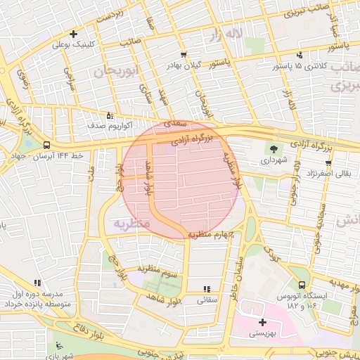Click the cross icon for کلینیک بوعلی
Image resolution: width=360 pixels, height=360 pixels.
(x=73, y=34)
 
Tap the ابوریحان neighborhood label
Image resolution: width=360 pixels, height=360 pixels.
(x=113, y=72)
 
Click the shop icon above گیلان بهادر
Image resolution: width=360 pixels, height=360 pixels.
(x=184, y=54)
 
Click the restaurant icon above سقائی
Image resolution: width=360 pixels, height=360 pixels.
(x=207, y=289)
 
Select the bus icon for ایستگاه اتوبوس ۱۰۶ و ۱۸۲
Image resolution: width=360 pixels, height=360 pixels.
(x=302, y=285)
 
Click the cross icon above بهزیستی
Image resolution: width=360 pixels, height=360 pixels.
(x=262, y=322)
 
